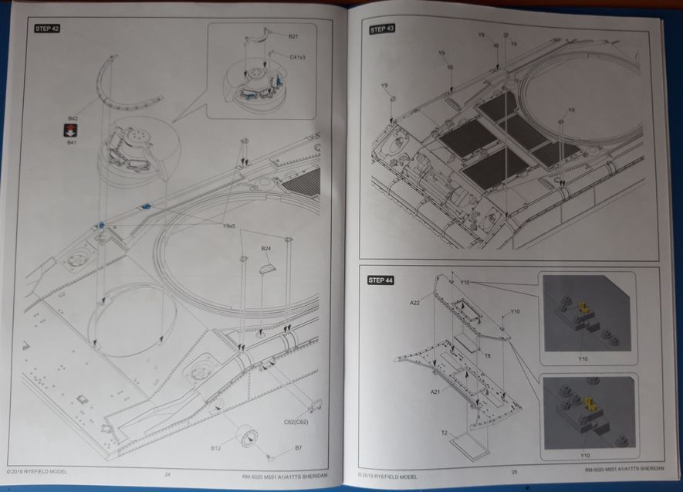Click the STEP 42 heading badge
point(48,29)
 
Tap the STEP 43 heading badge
point(382,29)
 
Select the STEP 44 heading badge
point(381,280)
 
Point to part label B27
point(293,37)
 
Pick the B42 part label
point(72,118)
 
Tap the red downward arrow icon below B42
point(72,131)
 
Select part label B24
point(265,248)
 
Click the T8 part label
point(488,356)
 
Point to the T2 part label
point(445,433)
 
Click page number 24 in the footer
point(167,474)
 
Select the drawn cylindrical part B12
point(246,438)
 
